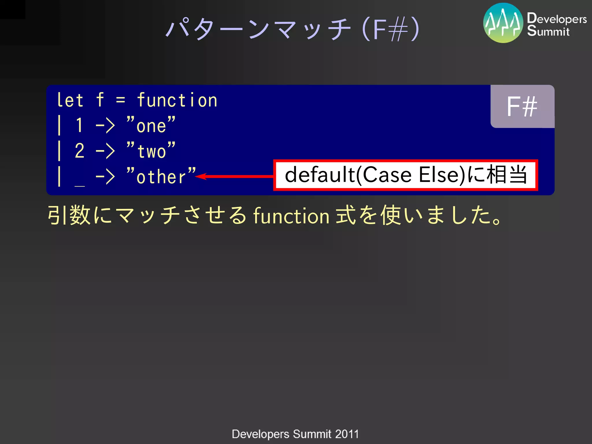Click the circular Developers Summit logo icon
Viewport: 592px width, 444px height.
[x=503, y=23]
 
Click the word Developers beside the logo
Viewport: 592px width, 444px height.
[x=557, y=18]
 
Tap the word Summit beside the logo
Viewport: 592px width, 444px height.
[x=548, y=31]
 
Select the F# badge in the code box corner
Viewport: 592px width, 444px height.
[x=522, y=107]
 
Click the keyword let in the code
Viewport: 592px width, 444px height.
[x=70, y=100]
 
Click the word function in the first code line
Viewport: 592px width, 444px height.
[x=177, y=100]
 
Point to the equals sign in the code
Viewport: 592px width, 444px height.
[x=121, y=100]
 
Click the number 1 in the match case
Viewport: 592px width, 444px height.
[x=79, y=125]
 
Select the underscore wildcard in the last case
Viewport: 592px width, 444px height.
[x=79, y=185]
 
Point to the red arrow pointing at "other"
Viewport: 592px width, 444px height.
[x=234, y=176]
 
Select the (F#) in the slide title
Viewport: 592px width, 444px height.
[x=390, y=29]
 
